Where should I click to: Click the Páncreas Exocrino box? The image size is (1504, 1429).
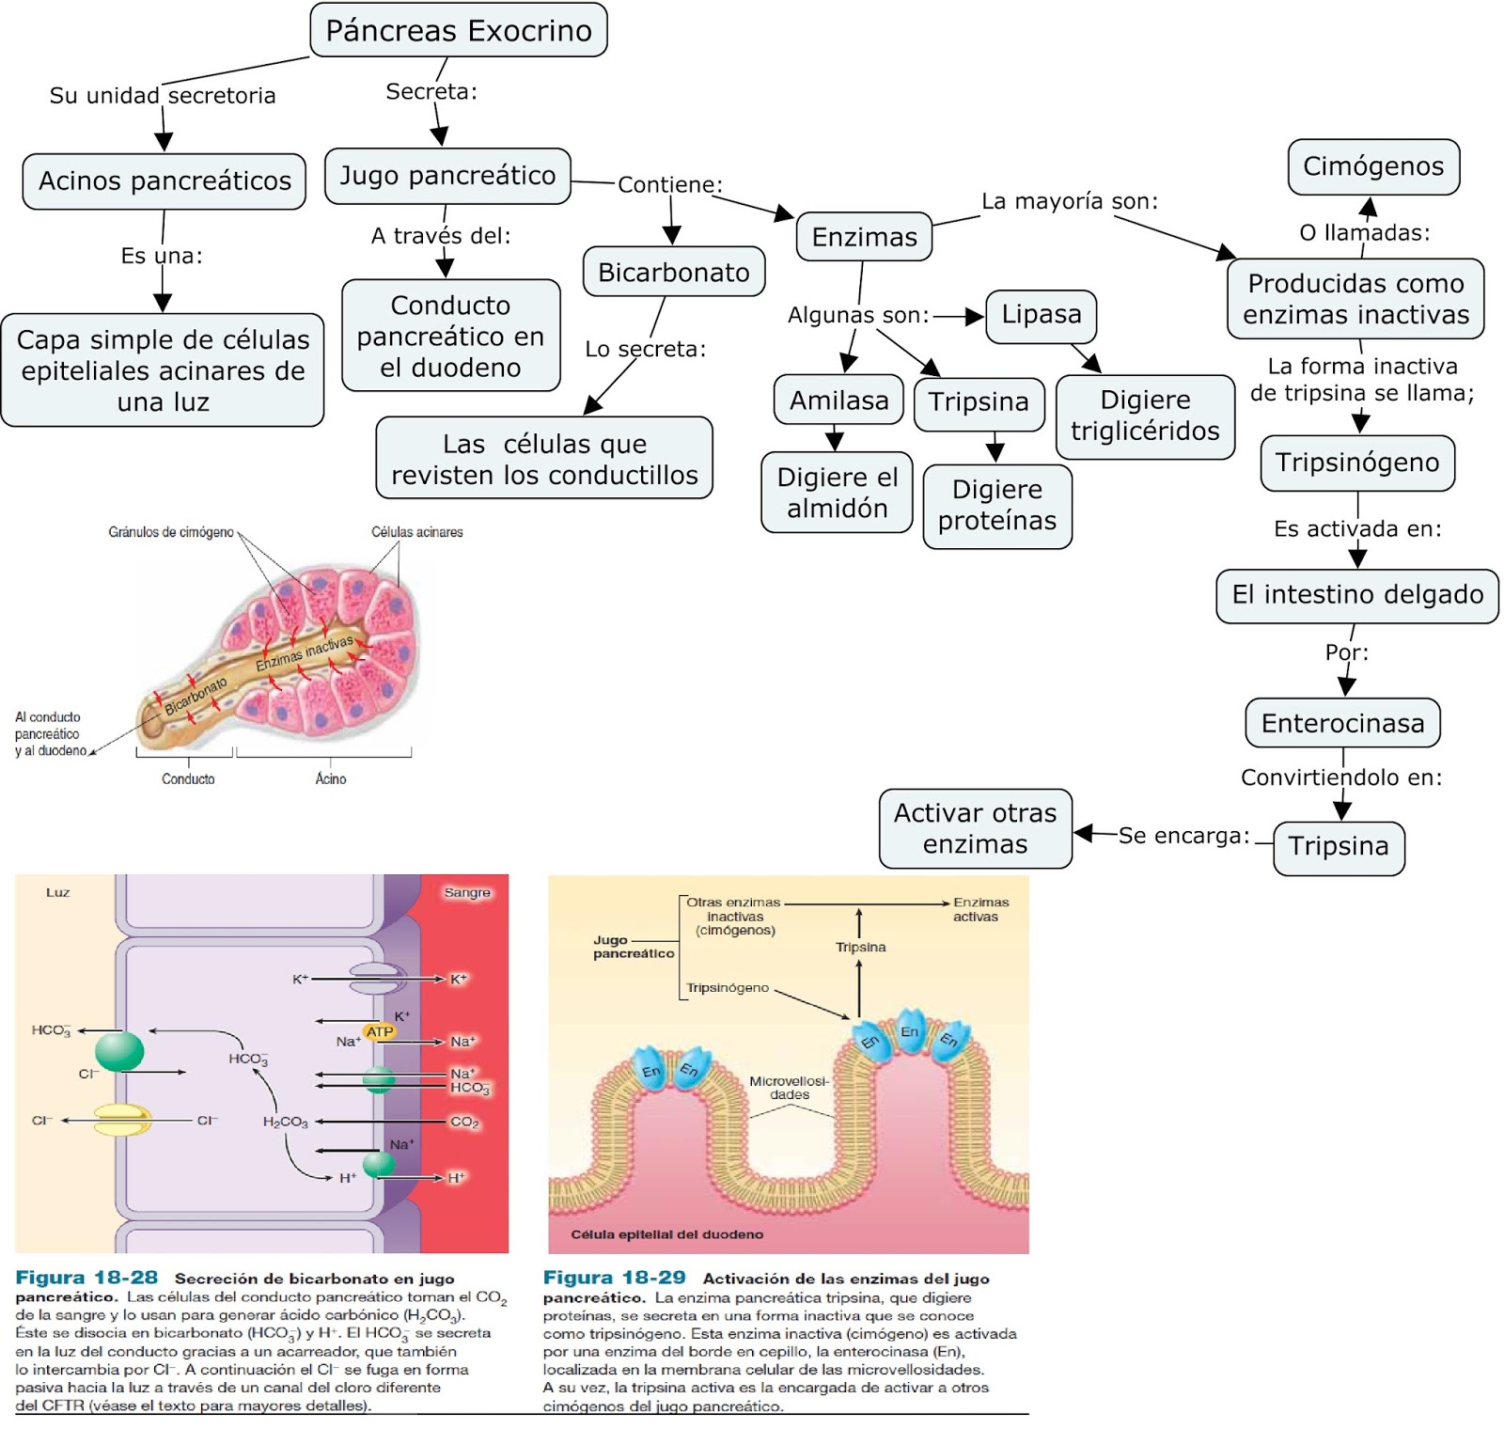click(x=459, y=30)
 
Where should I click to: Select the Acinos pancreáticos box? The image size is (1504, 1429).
click(x=164, y=181)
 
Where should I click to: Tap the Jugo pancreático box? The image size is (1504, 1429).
click(x=447, y=176)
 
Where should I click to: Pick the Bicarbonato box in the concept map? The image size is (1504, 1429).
click(x=674, y=272)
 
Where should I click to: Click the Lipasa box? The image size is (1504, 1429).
click(x=1042, y=315)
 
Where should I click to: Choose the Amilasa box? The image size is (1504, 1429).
click(x=838, y=400)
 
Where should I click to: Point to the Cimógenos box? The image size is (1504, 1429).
click(x=1373, y=166)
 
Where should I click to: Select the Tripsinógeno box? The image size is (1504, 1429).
click(x=1357, y=463)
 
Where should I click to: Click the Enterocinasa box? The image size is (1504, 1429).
click(x=1342, y=723)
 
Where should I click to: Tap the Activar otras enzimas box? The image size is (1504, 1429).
click(x=975, y=828)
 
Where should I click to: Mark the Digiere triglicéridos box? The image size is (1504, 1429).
click(x=1145, y=416)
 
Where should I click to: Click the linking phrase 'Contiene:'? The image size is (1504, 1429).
click(x=669, y=184)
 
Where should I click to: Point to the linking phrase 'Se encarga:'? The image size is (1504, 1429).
click(x=1183, y=836)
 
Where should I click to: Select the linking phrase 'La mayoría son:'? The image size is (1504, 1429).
click(x=1070, y=201)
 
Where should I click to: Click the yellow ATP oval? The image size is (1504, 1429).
click(x=380, y=1032)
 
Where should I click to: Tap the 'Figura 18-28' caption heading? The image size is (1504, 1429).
click(x=86, y=1278)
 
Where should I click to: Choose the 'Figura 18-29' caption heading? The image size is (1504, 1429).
click(x=615, y=1278)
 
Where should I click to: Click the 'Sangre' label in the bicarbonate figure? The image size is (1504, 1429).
click(x=467, y=892)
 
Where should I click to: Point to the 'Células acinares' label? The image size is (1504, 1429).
click(x=416, y=532)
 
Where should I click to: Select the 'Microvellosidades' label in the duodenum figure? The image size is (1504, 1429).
click(x=789, y=1088)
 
